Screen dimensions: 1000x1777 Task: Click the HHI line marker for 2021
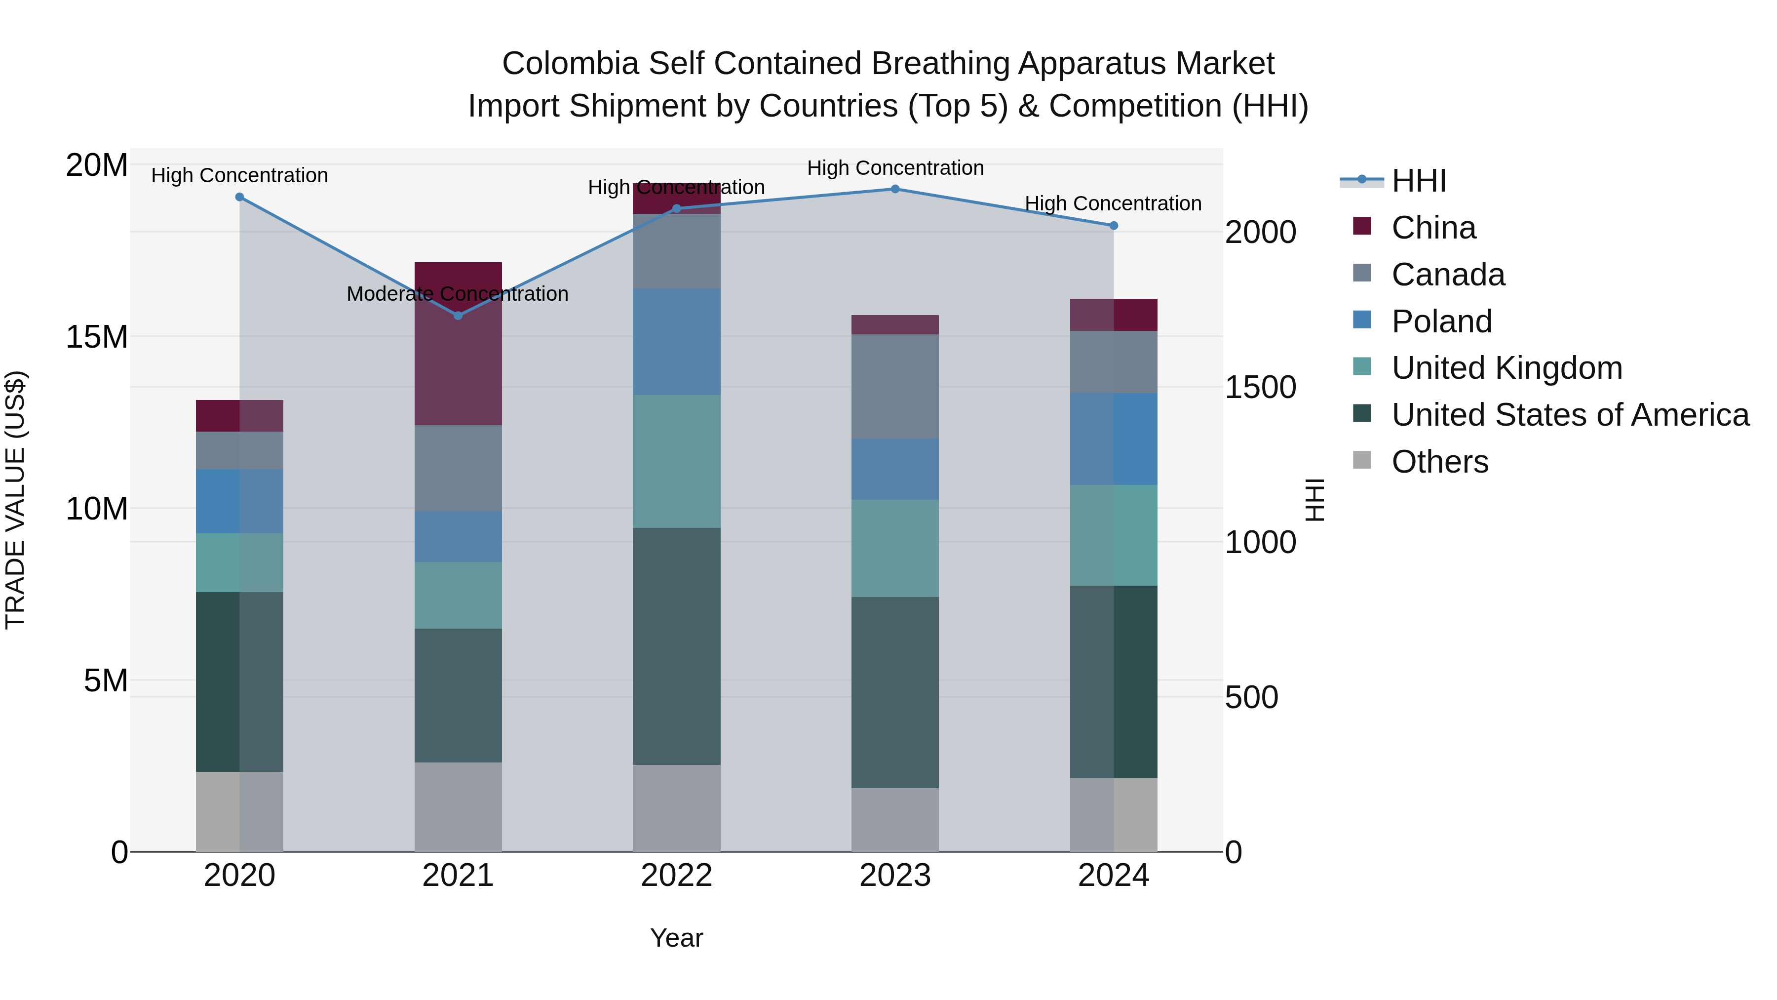(x=458, y=316)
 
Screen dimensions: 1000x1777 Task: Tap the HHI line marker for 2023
(x=895, y=189)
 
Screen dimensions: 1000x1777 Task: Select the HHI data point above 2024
(x=1114, y=226)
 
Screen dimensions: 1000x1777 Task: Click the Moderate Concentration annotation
(x=458, y=294)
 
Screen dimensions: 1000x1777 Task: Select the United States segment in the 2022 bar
(x=677, y=646)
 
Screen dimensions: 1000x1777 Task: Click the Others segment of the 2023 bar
(x=895, y=820)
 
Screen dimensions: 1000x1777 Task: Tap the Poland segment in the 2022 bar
(x=677, y=342)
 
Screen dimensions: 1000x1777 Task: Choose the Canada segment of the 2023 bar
(x=895, y=387)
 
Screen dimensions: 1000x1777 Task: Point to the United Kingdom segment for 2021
(x=458, y=595)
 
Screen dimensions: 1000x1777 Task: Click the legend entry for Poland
(x=1441, y=321)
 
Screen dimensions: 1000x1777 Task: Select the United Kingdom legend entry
(x=1507, y=368)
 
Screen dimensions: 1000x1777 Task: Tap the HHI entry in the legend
(x=1418, y=181)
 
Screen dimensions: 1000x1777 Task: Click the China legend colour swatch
(x=1362, y=226)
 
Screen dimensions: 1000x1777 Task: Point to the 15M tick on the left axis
(x=97, y=337)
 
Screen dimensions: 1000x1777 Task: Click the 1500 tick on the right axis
(x=1260, y=387)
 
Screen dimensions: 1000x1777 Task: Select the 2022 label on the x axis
(x=676, y=876)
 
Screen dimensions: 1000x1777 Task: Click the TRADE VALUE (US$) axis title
(x=15, y=500)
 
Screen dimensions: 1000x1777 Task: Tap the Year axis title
(x=676, y=938)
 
